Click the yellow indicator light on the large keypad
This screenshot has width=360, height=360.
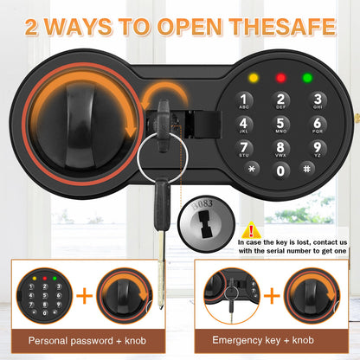[x=252, y=79]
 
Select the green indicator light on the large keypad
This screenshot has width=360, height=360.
[x=307, y=79]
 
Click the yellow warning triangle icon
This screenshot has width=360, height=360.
[x=252, y=229]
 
